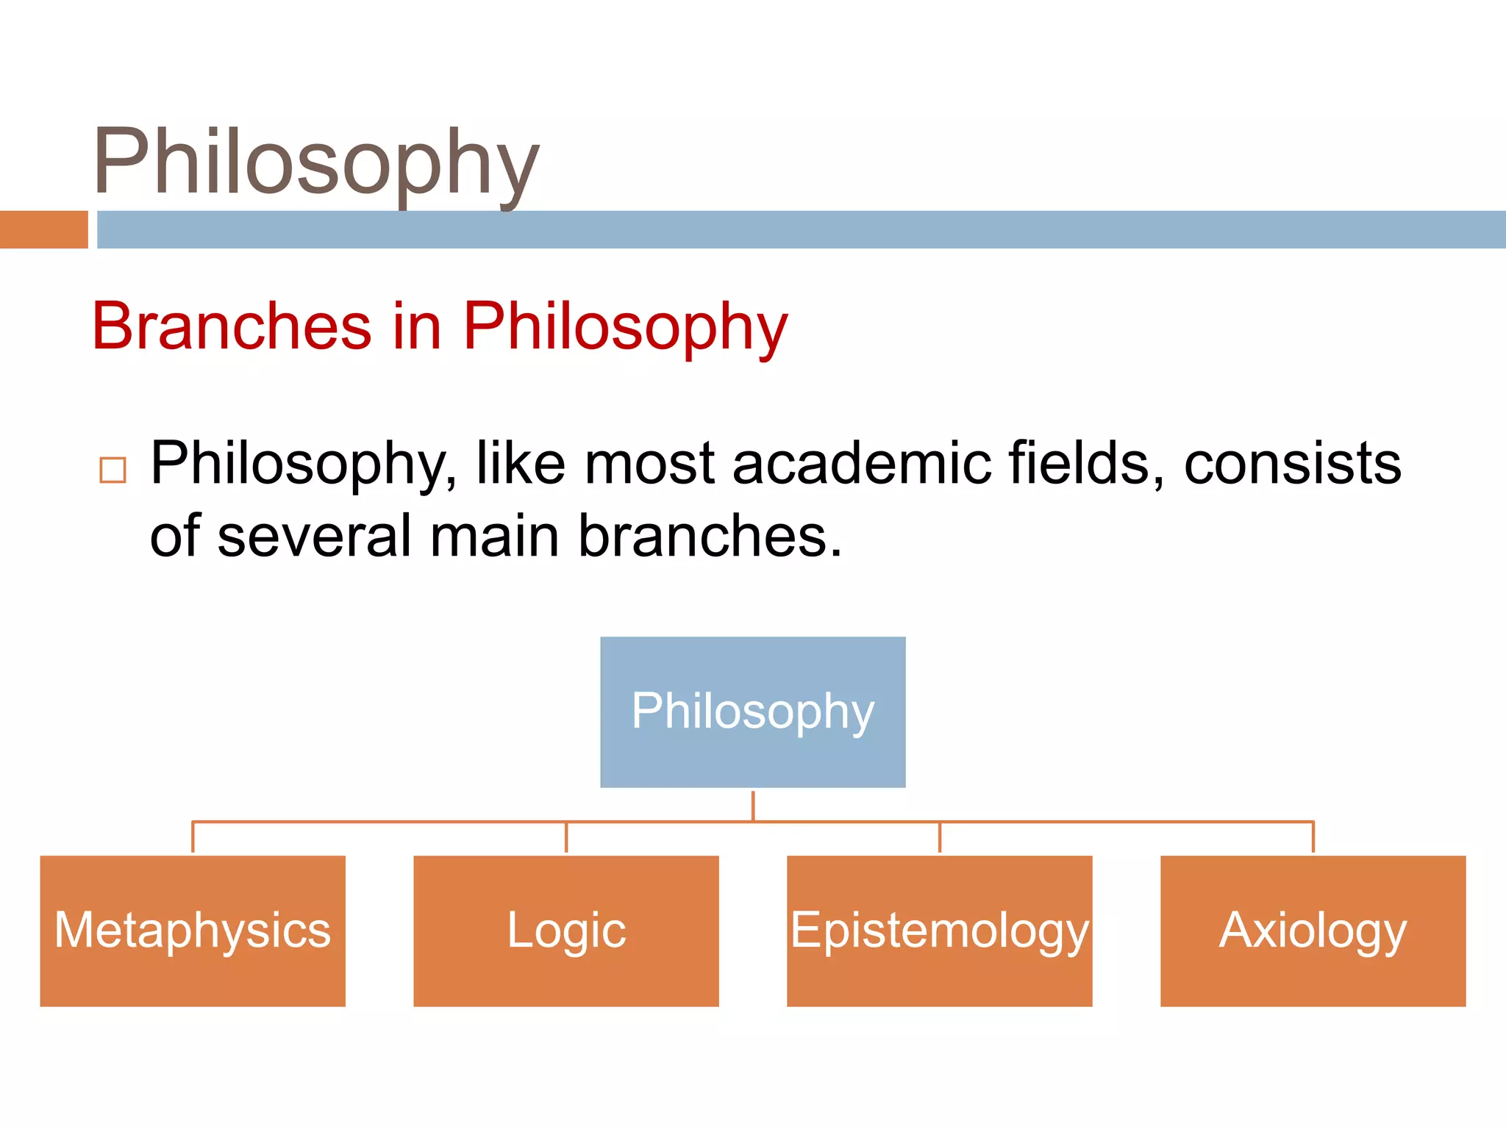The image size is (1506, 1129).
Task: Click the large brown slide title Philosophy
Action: coord(316,163)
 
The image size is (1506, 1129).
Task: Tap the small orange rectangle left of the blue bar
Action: coord(43,229)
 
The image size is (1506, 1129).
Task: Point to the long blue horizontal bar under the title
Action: coord(802,229)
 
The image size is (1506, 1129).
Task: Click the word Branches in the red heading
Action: coord(232,326)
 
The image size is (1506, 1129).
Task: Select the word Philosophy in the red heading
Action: coord(625,328)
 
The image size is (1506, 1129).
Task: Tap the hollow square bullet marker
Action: coord(113,470)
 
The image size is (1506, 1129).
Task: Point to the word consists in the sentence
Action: coord(1292,463)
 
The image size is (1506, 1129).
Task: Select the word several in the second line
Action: coord(314,536)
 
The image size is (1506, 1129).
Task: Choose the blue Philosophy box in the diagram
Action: coord(752,712)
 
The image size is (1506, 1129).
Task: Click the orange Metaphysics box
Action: coord(193,931)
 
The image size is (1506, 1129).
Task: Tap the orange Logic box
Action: coord(565,931)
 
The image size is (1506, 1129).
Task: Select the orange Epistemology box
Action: coord(939,931)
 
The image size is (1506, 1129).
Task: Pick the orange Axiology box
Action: coord(1313,931)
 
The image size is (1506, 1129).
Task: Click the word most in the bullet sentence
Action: coord(649,463)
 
